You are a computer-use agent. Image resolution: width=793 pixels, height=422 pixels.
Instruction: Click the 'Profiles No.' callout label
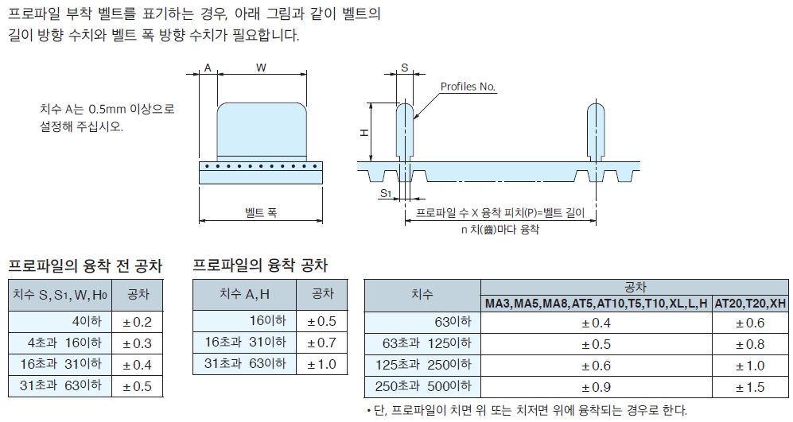pyautogui.click(x=468, y=87)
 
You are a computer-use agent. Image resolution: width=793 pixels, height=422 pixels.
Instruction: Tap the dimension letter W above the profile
pyautogui.click(x=261, y=68)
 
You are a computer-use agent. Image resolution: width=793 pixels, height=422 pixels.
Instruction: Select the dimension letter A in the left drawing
pyautogui.click(x=208, y=68)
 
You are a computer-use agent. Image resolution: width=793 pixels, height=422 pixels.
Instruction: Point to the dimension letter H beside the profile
pyautogui.click(x=363, y=133)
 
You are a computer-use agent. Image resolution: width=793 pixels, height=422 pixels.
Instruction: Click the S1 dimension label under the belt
pyautogui.click(x=386, y=193)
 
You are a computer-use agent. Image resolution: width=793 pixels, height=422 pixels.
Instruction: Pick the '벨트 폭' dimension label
pyautogui.click(x=261, y=212)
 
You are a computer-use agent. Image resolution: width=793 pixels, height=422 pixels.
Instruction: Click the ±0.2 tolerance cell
pyautogui.click(x=138, y=322)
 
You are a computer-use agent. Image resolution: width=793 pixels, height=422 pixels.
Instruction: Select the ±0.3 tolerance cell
pyautogui.click(x=138, y=343)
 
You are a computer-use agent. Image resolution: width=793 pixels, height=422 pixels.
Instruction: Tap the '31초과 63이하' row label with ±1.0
pyautogui.click(x=245, y=364)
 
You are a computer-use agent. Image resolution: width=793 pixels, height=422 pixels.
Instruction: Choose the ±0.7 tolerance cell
pyautogui.click(x=321, y=343)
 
